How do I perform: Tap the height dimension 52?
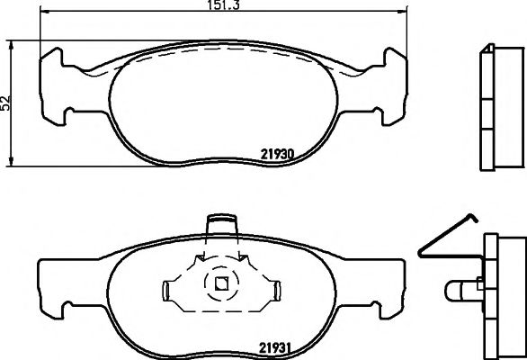pos(7,102)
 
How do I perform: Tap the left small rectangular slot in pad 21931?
pos(167,289)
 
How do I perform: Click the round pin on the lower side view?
pos(461,290)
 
